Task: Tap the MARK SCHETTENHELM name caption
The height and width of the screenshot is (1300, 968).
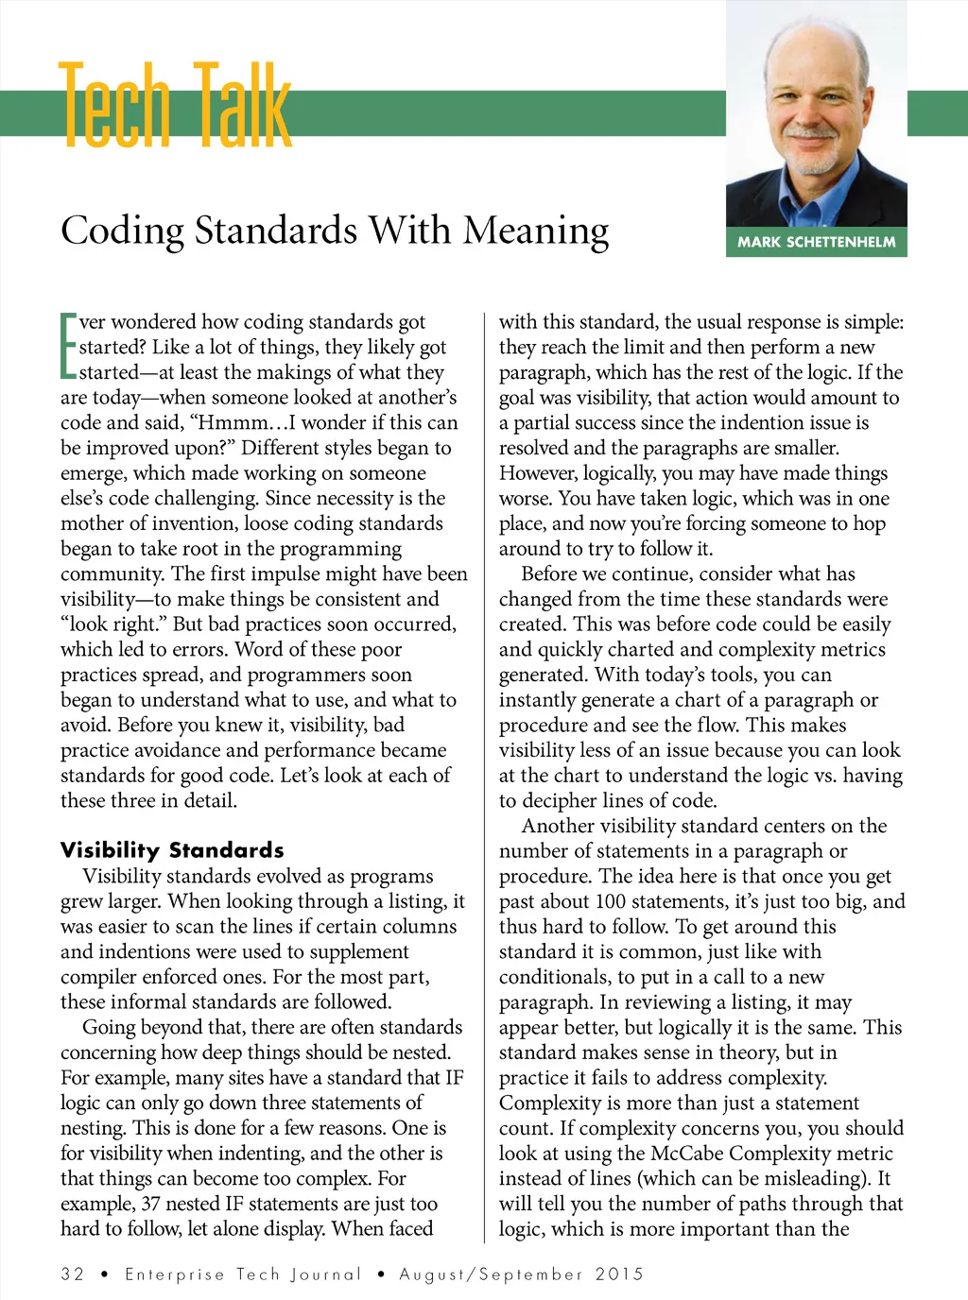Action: (817, 242)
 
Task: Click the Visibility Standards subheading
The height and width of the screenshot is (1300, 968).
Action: (172, 849)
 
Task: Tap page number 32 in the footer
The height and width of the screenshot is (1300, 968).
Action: (73, 1274)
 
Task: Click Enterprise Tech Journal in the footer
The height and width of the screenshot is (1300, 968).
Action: (243, 1274)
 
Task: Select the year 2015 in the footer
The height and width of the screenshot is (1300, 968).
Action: (619, 1274)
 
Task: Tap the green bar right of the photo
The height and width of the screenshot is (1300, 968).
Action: (937, 112)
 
